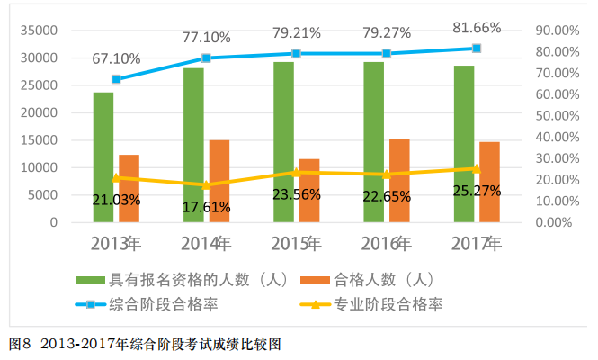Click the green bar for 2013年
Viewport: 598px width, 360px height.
pyautogui.click(x=103, y=157)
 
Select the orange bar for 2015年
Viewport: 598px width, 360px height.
pyautogui.click(x=309, y=190)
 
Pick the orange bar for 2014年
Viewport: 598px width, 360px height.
pyautogui.click(x=219, y=180)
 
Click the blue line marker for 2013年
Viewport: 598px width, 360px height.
pyautogui.click(x=116, y=79)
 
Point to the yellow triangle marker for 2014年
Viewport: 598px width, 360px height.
pyautogui.click(x=206, y=185)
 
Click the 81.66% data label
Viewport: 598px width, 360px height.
pyautogui.click(x=477, y=24)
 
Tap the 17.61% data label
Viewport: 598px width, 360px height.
pyautogui.click(x=206, y=207)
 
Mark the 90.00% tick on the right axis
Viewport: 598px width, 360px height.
pyautogui.click(x=556, y=31)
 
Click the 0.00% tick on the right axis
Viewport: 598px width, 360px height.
pyautogui.click(x=559, y=222)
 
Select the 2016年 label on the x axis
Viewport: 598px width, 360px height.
pyautogui.click(x=387, y=244)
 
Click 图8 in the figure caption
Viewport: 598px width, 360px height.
pyautogui.click(x=20, y=344)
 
